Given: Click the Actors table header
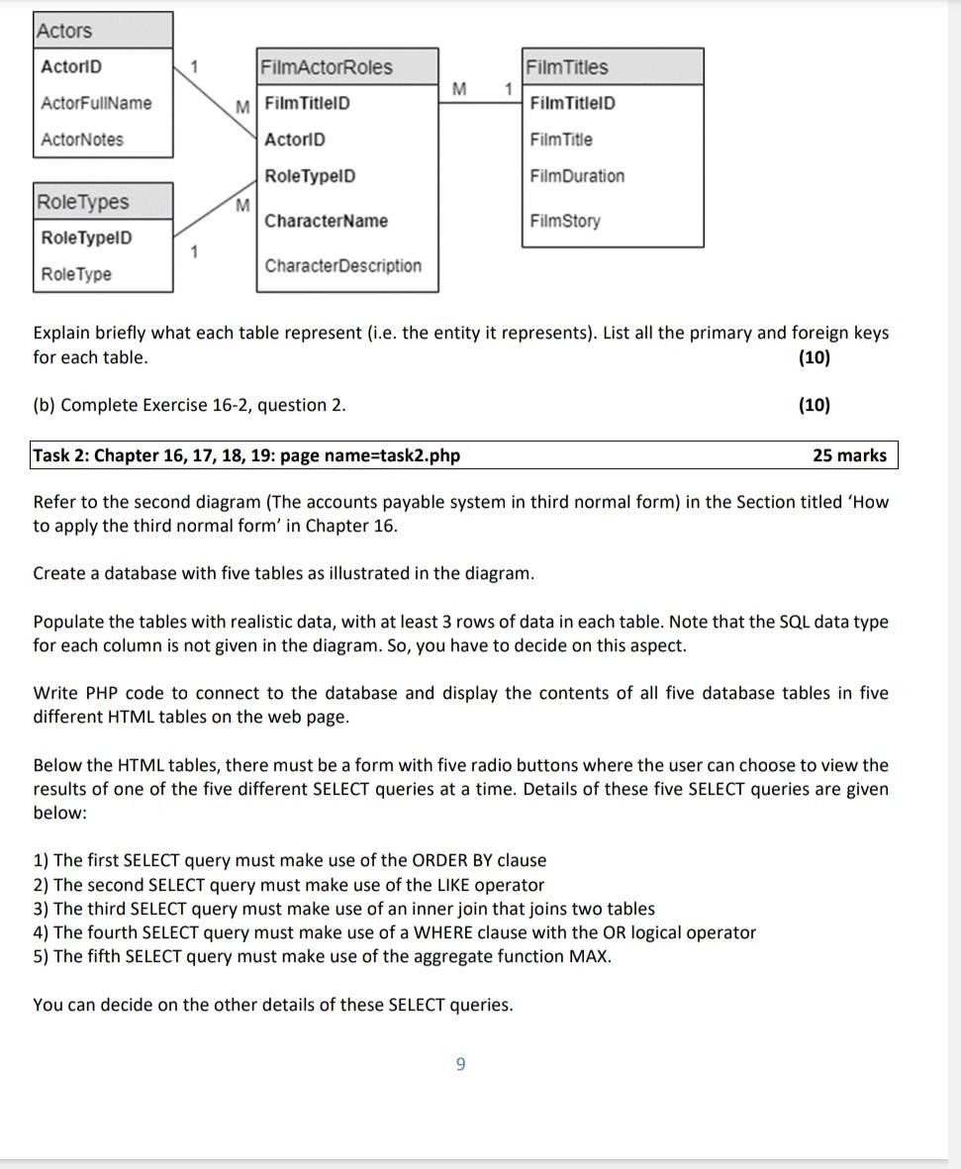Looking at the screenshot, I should pos(64,31).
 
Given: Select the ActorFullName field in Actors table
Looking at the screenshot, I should pos(96,103).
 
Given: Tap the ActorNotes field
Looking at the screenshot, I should pos(82,140).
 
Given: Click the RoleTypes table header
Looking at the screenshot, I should pos(83,202).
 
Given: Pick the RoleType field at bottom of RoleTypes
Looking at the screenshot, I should pos(76,274).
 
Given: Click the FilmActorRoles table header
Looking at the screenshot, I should pos(327,67).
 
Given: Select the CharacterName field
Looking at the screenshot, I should pos(327,221).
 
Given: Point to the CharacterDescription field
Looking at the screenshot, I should pos(343,265).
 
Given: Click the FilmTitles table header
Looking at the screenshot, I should pos(568,67).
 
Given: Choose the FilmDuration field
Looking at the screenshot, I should pos(578,176).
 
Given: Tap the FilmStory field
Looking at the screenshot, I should pos(565,221).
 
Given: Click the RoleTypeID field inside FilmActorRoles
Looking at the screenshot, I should pos(310,176).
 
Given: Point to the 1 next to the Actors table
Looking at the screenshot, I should pos(195,67).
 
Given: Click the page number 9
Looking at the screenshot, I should pos(460,1064).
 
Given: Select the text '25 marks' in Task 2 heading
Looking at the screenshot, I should pos(849,455).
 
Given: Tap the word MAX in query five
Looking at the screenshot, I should pos(590,956).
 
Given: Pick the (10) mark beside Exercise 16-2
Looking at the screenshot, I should pos(814,405).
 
